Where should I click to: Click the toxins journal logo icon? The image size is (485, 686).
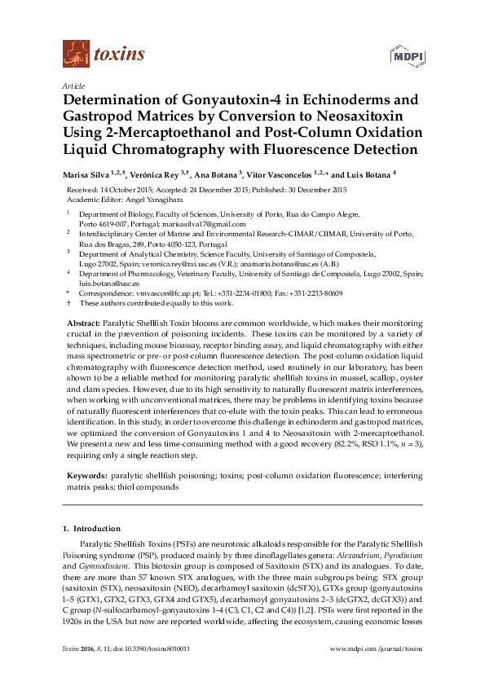coord(76,54)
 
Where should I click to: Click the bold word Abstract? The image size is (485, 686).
coord(83,323)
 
